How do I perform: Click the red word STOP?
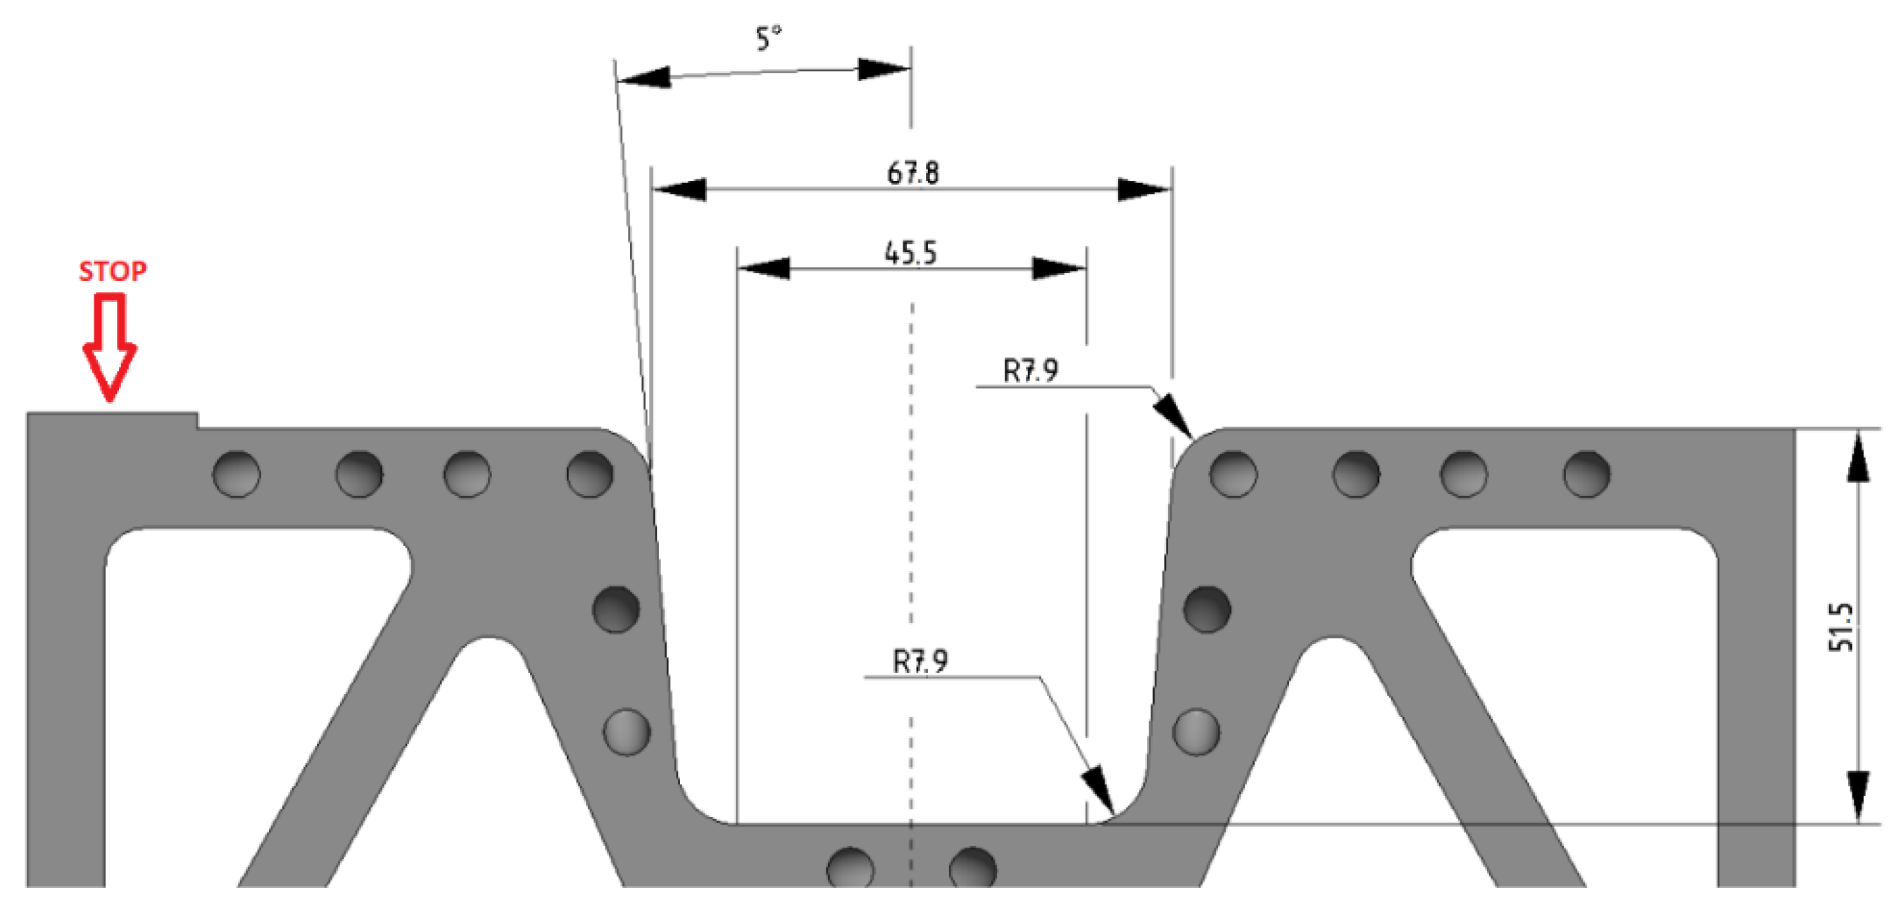(112, 271)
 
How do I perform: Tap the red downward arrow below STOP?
(110, 347)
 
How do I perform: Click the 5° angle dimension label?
(768, 39)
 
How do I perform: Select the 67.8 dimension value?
(913, 173)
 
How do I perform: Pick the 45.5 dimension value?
(910, 253)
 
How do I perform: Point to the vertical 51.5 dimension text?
(1841, 627)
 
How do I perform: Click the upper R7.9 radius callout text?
(1030, 369)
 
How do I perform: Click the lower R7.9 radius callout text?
(920, 661)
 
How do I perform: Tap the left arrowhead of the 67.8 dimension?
(679, 189)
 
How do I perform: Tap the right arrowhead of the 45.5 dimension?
(1058, 269)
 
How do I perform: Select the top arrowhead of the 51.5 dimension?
(1858, 457)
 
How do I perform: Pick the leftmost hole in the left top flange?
(236, 474)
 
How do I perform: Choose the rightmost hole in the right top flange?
(1586, 474)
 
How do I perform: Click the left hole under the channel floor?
(850, 868)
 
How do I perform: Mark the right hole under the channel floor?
(972, 868)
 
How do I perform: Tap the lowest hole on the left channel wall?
(627, 732)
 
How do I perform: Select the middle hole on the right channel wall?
(1207, 609)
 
